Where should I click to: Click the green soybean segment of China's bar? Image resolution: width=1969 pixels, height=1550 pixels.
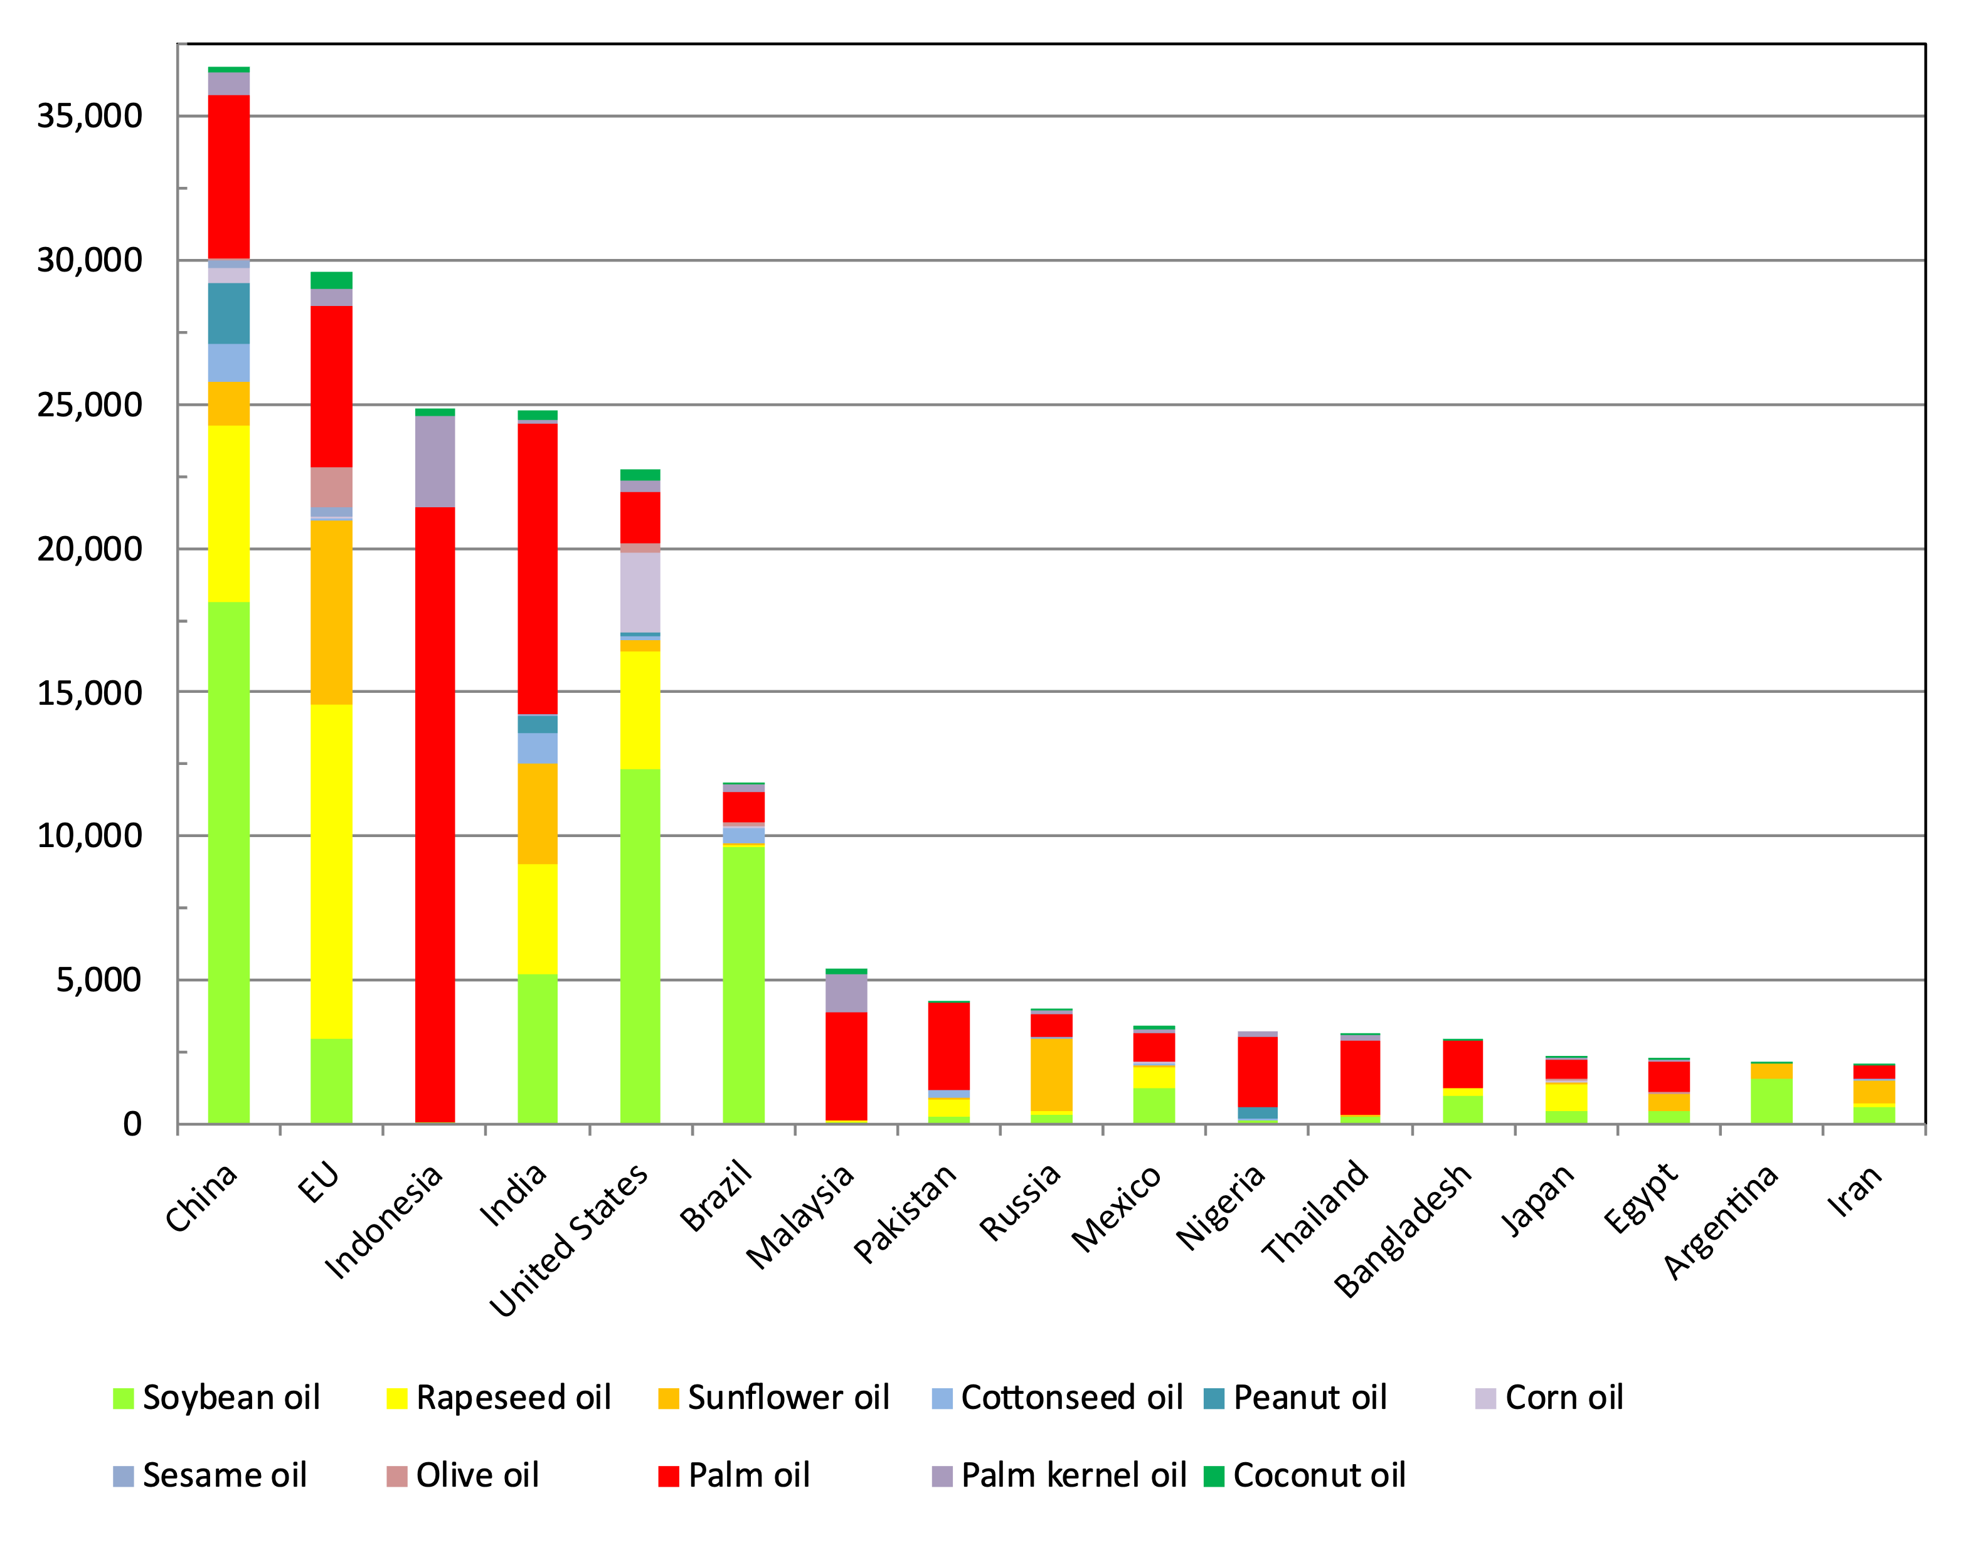click(x=229, y=862)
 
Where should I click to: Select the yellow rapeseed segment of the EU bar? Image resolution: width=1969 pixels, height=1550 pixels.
click(x=331, y=871)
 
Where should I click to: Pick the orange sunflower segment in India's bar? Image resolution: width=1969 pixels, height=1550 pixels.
click(x=538, y=813)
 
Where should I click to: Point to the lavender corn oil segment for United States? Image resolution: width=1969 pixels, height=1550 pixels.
click(x=640, y=592)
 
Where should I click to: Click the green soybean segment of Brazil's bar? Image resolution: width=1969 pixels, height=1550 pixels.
click(x=743, y=984)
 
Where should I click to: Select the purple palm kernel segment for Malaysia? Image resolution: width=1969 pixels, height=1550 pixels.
click(x=846, y=993)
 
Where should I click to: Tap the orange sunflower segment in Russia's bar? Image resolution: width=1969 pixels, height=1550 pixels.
click(x=1051, y=1075)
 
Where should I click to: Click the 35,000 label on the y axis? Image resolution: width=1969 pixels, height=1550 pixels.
click(x=90, y=116)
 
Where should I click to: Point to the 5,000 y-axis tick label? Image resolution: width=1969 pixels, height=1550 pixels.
click(x=100, y=980)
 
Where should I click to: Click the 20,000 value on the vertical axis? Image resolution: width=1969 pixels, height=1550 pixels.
click(x=90, y=549)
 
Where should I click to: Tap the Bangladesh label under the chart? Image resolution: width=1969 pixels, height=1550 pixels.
click(x=1403, y=1231)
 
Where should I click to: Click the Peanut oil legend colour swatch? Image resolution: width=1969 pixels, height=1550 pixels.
click(x=1214, y=1398)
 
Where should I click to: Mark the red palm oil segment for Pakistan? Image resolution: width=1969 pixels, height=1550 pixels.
click(x=948, y=1045)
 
